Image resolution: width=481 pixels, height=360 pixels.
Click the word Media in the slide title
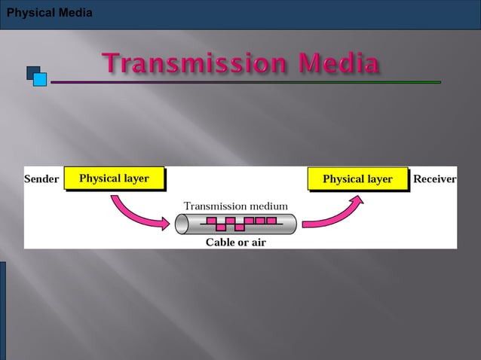[x=339, y=64]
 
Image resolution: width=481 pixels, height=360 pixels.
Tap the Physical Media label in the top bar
[x=49, y=13]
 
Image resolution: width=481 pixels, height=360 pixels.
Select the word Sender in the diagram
[x=41, y=179]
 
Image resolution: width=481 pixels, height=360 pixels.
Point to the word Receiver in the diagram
[x=435, y=179]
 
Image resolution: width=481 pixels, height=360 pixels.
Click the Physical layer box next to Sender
[x=114, y=178]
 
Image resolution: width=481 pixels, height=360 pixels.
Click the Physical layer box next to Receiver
[x=357, y=179]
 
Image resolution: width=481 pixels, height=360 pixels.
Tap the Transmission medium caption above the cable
[x=236, y=206]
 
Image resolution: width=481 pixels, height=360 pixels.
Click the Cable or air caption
[x=235, y=243]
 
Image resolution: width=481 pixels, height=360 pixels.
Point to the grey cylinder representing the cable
[x=235, y=224]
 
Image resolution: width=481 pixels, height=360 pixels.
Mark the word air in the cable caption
[x=256, y=243]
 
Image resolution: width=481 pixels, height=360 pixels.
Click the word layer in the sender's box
[x=133, y=178]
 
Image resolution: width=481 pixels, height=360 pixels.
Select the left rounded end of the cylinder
[x=182, y=224]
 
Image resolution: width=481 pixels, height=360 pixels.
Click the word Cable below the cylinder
[x=220, y=243]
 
